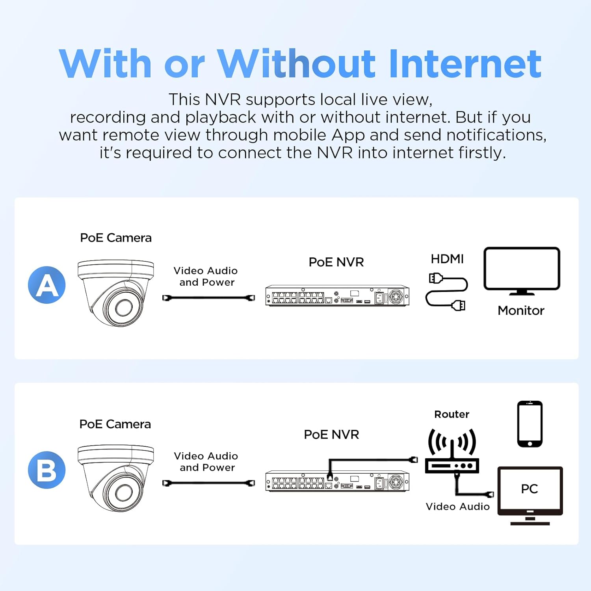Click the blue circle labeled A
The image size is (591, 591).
[x=47, y=285]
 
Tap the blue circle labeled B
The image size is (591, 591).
[x=47, y=470]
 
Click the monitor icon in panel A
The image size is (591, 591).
[x=522, y=271]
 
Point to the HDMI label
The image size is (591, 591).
[x=447, y=259]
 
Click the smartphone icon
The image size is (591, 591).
[x=530, y=424]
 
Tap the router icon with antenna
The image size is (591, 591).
[x=452, y=451]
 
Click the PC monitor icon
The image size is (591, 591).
[x=530, y=496]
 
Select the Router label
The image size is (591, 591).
[x=452, y=414]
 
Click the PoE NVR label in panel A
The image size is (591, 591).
[x=336, y=262]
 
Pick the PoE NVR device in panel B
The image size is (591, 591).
[x=338, y=481]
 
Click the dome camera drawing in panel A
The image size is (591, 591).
[x=115, y=293]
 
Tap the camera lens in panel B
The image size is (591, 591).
[x=124, y=492]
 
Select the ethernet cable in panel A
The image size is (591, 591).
[x=208, y=298]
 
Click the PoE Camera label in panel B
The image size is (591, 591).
[x=115, y=424]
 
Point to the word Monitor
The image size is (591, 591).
[x=521, y=310]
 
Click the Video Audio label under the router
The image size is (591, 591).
[x=457, y=506]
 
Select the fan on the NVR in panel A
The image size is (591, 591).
[x=396, y=296]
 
